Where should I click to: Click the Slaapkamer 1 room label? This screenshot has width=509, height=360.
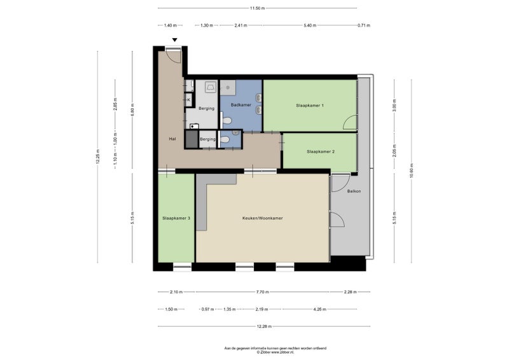pyautogui.click(x=310, y=106)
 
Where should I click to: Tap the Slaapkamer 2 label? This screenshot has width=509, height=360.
pyautogui.click(x=321, y=151)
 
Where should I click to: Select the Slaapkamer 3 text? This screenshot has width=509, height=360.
pyautogui.click(x=176, y=218)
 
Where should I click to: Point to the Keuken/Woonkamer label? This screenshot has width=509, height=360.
pyautogui.click(x=262, y=218)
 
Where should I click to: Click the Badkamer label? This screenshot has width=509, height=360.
pyautogui.click(x=241, y=105)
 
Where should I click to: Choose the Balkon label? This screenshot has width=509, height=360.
pyautogui.click(x=354, y=191)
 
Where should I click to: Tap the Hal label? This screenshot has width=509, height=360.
pyautogui.click(x=172, y=139)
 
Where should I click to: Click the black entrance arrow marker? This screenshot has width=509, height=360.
pyautogui.click(x=174, y=40)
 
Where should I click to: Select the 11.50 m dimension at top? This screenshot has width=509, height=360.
pyautogui.click(x=258, y=8)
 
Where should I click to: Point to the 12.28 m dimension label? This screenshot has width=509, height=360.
pyautogui.click(x=264, y=326)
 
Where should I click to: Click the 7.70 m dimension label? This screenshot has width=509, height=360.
pyautogui.click(x=262, y=292)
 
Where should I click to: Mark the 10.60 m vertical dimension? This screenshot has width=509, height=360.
pyautogui.click(x=412, y=170)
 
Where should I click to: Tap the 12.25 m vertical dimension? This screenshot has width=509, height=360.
pyautogui.click(x=98, y=156)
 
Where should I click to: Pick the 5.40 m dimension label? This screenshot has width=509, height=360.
pyautogui.click(x=310, y=25)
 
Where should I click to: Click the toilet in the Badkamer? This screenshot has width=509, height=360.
pyautogui.click(x=227, y=121)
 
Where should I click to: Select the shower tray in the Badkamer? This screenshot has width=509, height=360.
pyautogui.click(x=228, y=88)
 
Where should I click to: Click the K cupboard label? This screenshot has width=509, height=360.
pyautogui.click(x=188, y=100)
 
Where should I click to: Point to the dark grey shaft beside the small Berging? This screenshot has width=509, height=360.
pyautogui.click(x=192, y=139)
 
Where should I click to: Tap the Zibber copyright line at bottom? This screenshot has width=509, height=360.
pyautogui.click(x=275, y=352)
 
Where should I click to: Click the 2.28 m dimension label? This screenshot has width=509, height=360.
pyautogui.click(x=350, y=292)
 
